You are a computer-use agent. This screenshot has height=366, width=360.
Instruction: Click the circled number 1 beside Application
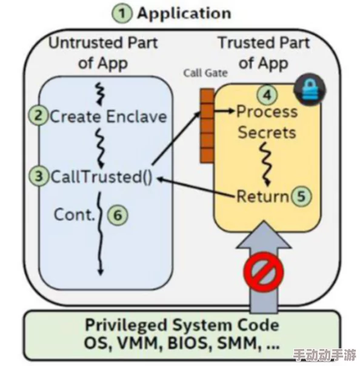point(125,14)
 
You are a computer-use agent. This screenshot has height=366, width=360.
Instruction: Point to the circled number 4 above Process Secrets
point(267,95)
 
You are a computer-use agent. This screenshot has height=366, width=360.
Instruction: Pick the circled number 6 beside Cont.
point(118,215)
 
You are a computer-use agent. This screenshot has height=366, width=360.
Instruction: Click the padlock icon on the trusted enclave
point(309,90)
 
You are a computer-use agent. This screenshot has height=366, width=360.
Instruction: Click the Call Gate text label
point(205,73)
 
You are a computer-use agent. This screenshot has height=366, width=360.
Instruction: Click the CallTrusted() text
point(101,177)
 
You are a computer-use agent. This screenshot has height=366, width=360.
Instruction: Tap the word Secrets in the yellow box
point(267,133)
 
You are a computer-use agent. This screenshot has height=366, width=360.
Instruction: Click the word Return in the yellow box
point(262,196)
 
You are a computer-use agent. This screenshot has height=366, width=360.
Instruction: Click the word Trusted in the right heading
point(246,43)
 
